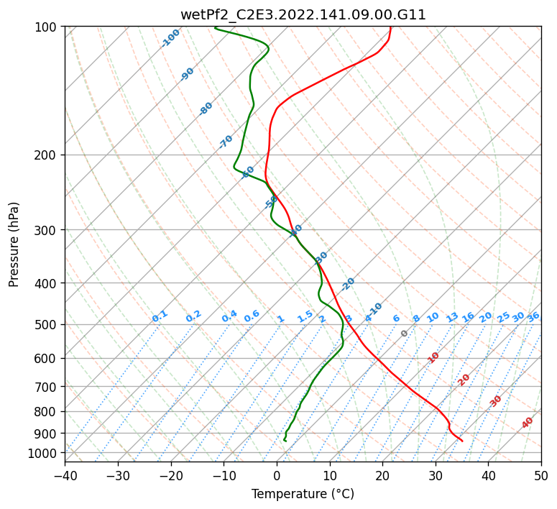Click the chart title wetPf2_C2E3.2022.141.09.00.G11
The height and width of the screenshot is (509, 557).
303,14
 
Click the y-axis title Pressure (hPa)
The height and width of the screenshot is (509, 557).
14,244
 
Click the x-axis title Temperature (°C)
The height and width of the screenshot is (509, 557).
303,494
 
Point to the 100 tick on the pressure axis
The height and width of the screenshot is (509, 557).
47,27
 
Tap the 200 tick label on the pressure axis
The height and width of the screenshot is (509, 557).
47,155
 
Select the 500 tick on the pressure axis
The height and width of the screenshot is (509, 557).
47,324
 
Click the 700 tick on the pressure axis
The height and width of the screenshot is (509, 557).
47,387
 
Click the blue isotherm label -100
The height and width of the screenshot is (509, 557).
171,37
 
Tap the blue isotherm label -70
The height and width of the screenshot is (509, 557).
226,141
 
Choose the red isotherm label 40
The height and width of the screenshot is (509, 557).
528,423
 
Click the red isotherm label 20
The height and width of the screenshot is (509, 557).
464,379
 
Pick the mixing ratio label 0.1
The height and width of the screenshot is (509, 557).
160,316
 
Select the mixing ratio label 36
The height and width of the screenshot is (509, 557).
533,316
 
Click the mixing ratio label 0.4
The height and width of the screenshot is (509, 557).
229,316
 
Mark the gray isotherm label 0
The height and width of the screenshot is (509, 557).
405,334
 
